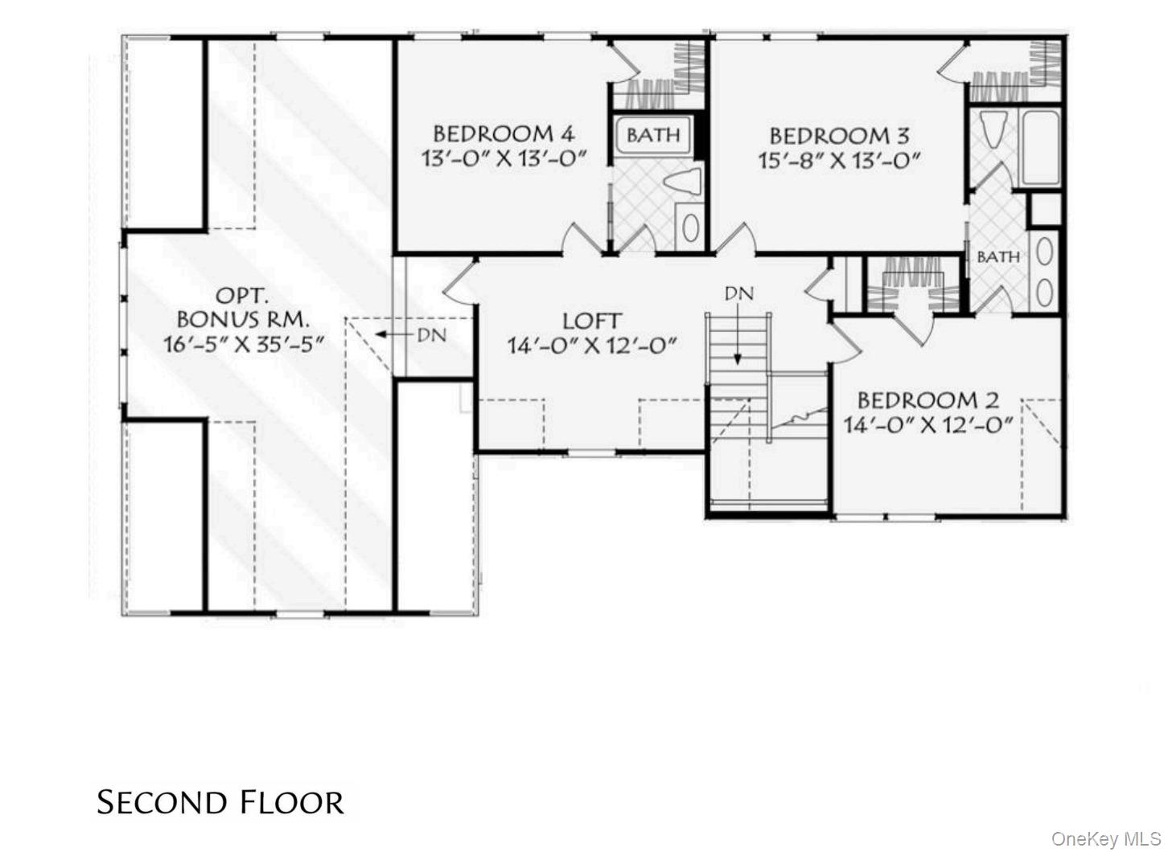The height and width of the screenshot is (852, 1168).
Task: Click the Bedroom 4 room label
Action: coord(504,133)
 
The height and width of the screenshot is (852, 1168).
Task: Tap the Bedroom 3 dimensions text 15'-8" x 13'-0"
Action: coord(839,160)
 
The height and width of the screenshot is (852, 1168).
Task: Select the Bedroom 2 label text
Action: coord(927,399)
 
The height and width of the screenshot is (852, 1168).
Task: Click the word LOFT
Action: coord(591,321)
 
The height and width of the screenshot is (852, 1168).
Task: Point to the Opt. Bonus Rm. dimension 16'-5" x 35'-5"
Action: coord(244,345)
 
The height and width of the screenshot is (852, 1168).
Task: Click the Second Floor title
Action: coord(220,802)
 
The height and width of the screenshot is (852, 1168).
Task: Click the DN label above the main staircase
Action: coord(738,293)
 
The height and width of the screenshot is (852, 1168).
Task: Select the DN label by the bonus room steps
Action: coord(432,334)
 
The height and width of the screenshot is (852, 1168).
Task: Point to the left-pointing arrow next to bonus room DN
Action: coord(393,334)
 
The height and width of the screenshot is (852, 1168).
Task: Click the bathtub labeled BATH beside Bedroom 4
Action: coord(653,135)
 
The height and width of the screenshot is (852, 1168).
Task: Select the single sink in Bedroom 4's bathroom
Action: coord(689,228)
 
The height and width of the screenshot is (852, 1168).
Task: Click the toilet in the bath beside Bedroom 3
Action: coord(991,129)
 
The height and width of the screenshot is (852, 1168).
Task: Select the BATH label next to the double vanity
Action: coord(997,257)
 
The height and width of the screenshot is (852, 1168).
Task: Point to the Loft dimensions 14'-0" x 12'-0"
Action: coord(591,346)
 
